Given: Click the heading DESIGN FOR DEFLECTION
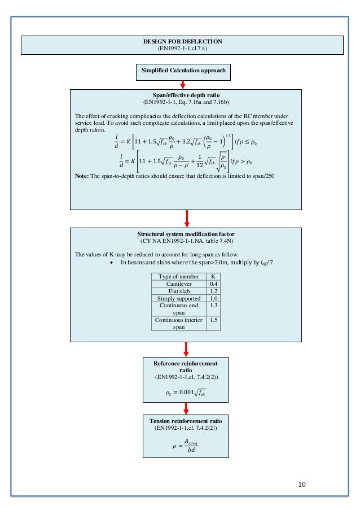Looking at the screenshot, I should [183, 42].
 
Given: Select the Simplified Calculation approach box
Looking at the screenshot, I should [183, 71].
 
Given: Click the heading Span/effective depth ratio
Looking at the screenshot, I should [185, 95].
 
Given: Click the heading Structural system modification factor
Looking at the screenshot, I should [185, 234].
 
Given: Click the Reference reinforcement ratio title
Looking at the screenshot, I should [185, 364].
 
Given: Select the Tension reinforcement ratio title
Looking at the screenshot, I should [185, 421].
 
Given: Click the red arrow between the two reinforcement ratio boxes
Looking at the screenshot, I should [185, 407].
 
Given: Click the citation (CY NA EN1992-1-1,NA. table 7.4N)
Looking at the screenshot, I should [185, 241].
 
